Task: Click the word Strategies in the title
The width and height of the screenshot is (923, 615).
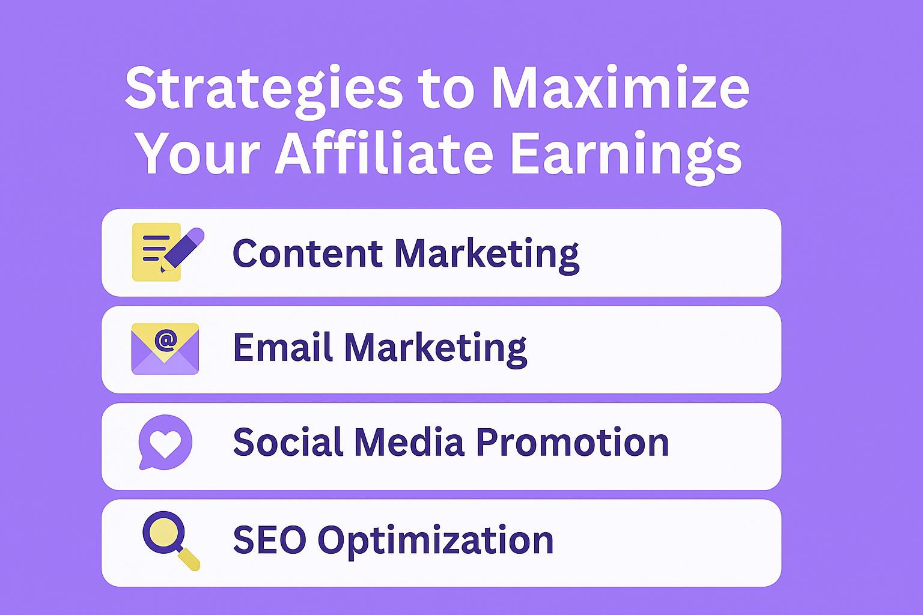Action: coord(264,91)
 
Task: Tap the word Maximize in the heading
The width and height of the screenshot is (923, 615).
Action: coord(621,87)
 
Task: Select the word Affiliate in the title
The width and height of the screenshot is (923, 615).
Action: coord(385,153)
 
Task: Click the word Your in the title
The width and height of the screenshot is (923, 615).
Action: coord(198,154)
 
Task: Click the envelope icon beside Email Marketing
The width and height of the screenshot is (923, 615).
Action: coord(165,349)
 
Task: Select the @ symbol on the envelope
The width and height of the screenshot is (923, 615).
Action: coord(166,341)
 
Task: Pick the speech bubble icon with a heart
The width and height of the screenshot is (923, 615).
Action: coord(165,442)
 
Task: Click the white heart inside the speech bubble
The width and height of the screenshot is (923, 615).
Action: coord(165,444)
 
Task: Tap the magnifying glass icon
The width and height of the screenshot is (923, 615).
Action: coord(171,541)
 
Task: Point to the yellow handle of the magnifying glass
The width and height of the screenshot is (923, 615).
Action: coord(189,559)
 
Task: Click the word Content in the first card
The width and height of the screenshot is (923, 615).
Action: coord(308,253)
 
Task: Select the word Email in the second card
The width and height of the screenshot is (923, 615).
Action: coord(283,347)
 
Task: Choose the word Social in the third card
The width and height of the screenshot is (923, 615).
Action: coord(288,441)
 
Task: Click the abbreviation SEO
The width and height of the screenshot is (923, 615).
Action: coord(270,539)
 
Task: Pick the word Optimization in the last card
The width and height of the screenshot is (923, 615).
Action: coord(436,541)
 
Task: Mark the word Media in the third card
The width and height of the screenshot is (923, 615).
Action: coord(410,441)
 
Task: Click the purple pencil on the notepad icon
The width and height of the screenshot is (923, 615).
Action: coord(183,249)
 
